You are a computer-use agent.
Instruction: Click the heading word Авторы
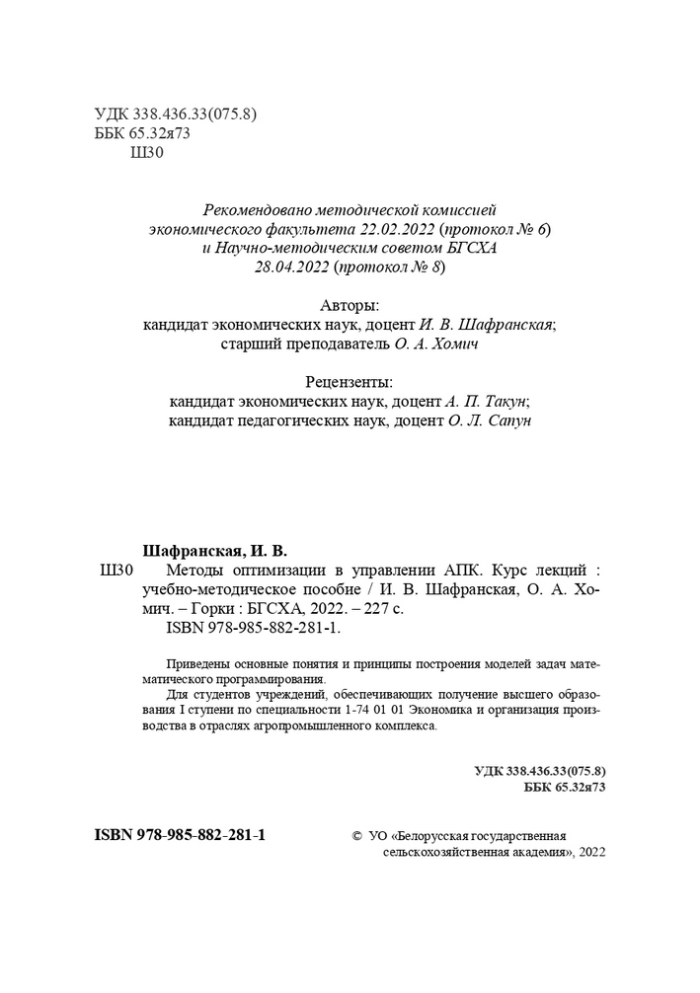[x=350, y=305]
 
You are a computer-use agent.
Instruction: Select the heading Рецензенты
[x=350, y=382]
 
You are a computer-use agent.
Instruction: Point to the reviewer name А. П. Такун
[x=481, y=402]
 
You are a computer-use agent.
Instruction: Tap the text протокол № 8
[x=393, y=267]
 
